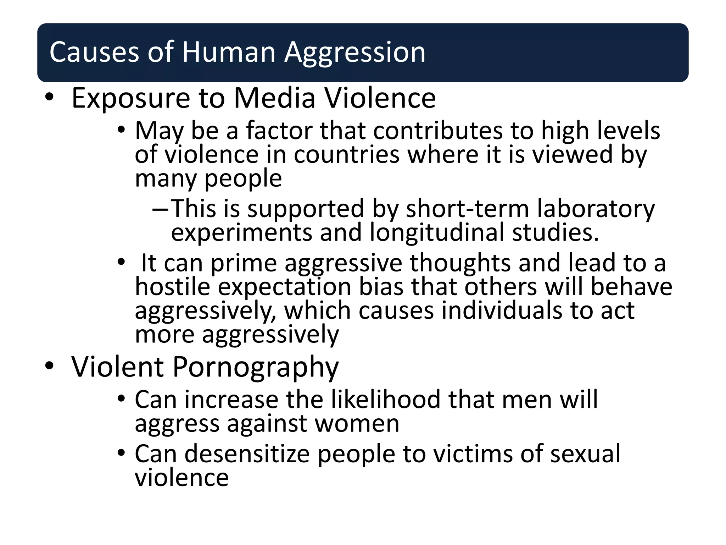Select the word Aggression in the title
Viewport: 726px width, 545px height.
tap(355, 53)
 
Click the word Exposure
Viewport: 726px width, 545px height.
tap(130, 98)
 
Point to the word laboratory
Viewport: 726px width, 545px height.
tap(596, 209)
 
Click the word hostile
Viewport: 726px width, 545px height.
tap(173, 286)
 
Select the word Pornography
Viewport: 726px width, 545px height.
tap(256, 367)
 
